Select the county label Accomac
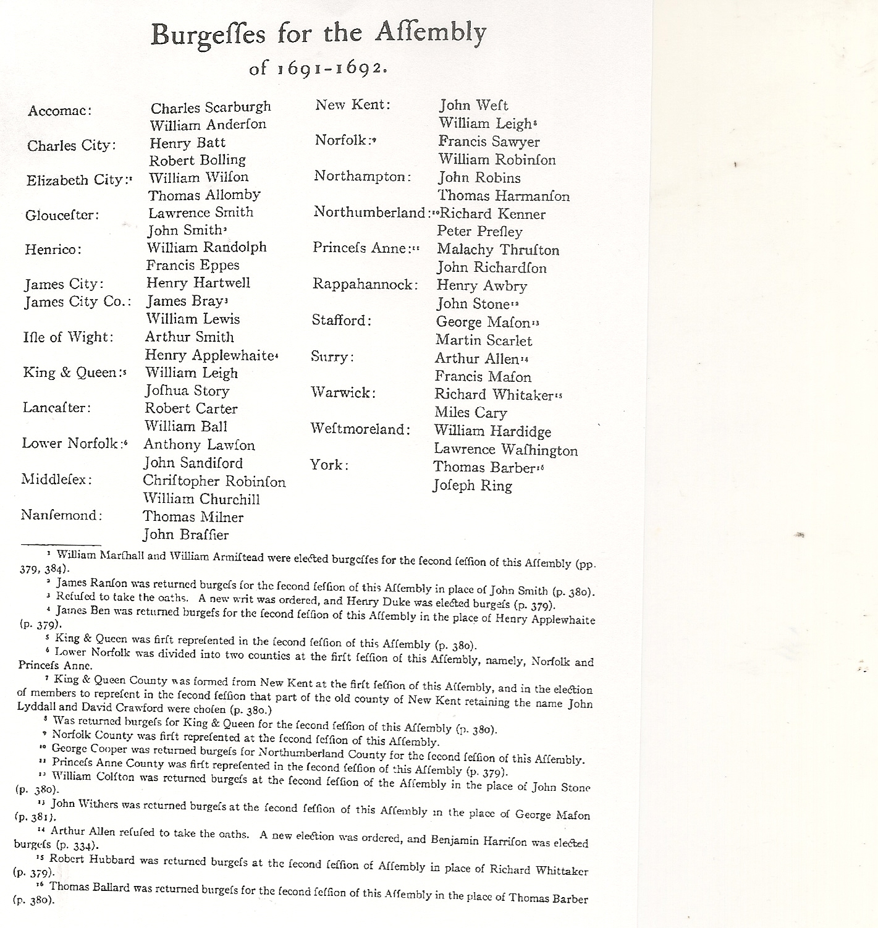pyautogui.click(x=60, y=111)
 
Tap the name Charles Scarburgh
pyautogui.click(x=211, y=108)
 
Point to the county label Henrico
pyautogui.click(x=53, y=250)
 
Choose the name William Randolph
pyautogui.click(x=206, y=247)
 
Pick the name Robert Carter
pyautogui.click(x=191, y=408)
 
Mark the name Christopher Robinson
pyautogui.click(x=214, y=481)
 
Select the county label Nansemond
pyautogui.click(x=62, y=515)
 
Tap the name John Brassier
pyautogui.click(x=185, y=534)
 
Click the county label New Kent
pyautogui.click(x=353, y=105)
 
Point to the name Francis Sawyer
pyautogui.click(x=489, y=141)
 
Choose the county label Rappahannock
pyautogui.click(x=365, y=285)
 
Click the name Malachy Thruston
pyautogui.click(x=498, y=250)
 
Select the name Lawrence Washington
pyautogui.click(x=505, y=450)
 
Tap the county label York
pyautogui.click(x=329, y=465)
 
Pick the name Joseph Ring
pyautogui.click(x=472, y=486)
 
